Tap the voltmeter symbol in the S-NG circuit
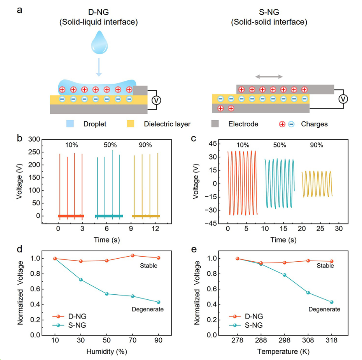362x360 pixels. pos(343,99)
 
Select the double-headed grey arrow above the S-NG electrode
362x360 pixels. pos(269,77)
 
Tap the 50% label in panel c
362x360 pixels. pos(279,145)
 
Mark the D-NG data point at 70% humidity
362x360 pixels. pos(133,255)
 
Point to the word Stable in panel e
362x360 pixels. pos(325,265)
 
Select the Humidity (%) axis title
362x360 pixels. pos(106,352)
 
